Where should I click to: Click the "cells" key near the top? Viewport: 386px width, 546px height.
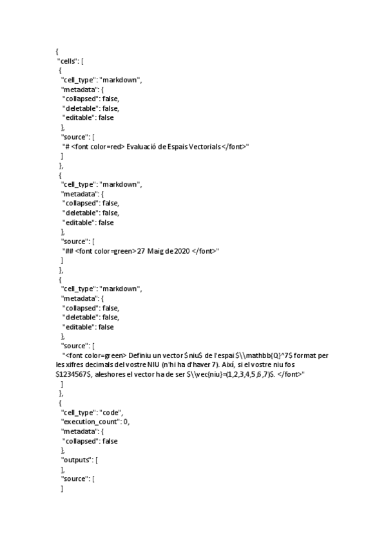[x=68, y=60]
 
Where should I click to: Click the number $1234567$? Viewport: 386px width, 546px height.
[x=73, y=374]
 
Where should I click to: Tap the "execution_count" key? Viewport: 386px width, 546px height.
[x=91, y=422]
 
